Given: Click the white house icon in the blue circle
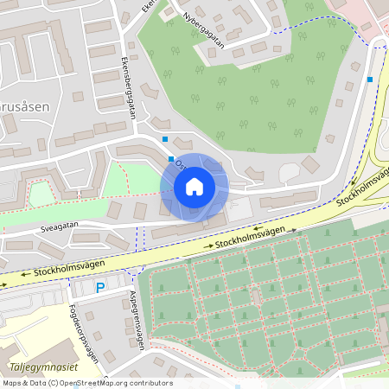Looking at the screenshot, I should tap(194, 187).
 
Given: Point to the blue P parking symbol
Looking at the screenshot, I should tap(100, 289).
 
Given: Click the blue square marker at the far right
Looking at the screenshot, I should tap(370, 80).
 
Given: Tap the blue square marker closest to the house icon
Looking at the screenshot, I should tap(170, 158).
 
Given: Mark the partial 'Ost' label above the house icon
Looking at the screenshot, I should tap(181, 163).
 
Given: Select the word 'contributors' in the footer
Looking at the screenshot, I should tap(150, 383).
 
